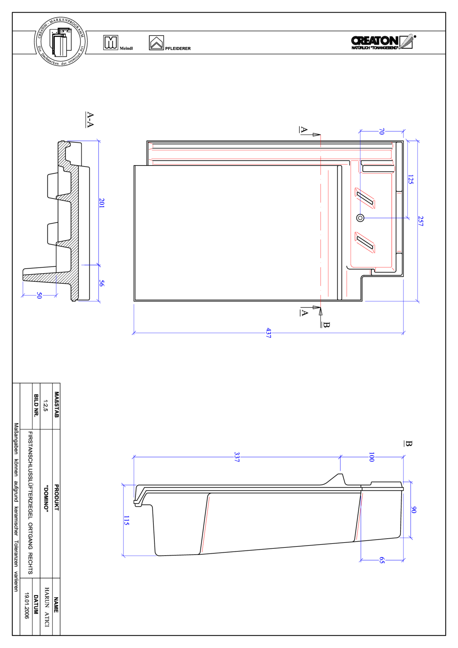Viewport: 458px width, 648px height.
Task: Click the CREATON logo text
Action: point(375,41)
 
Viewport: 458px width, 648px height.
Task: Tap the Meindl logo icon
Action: point(110,43)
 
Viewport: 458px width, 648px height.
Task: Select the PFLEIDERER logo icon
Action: point(156,43)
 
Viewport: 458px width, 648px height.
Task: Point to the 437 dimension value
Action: point(269,333)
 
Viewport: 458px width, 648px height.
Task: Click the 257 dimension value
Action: point(421,221)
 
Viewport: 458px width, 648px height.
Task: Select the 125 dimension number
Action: point(411,179)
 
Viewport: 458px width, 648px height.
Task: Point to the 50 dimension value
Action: point(39,295)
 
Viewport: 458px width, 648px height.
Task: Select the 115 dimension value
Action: point(127,520)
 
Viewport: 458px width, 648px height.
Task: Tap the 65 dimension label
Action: point(382,560)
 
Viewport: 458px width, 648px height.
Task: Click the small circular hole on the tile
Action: point(360,218)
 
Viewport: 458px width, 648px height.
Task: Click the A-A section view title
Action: point(90,120)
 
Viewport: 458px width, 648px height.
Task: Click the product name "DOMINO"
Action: point(46,499)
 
